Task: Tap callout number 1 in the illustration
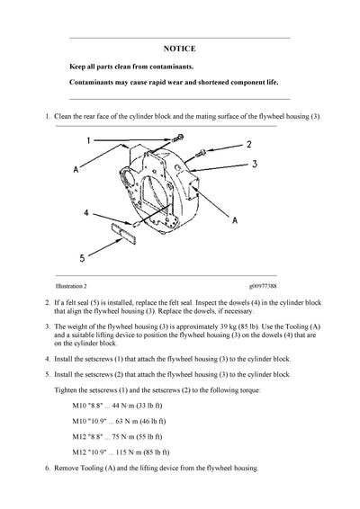pyautogui.click(x=89, y=140)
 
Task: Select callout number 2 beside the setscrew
pyautogui.click(x=248, y=143)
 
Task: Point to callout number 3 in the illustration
pyautogui.click(x=254, y=165)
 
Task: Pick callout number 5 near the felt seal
pyautogui.click(x=82, y=258)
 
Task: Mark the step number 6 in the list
pyautogui.click(x=46, y=469)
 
